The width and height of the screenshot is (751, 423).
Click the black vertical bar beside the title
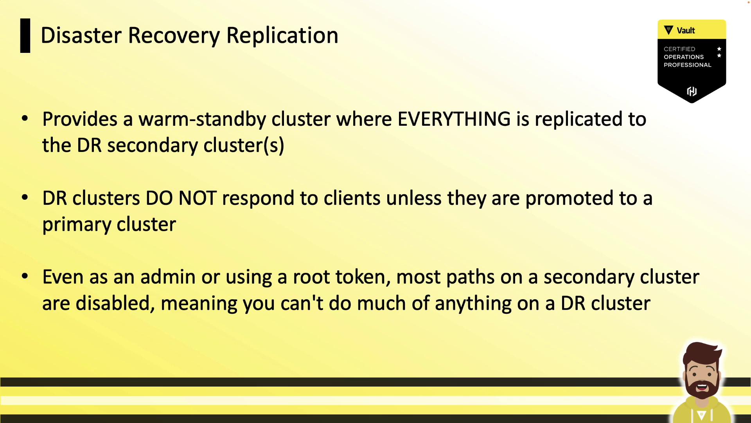[x=25, y=36]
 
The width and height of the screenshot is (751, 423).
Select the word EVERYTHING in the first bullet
[x=454, y=119]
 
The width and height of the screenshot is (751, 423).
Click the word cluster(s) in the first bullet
[x=244, y=146]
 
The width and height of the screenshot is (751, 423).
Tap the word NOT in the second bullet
[x=198, y=198]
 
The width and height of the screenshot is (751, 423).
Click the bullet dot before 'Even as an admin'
[x=25, y=276]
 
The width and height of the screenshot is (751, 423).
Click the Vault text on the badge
[x=686, y=31]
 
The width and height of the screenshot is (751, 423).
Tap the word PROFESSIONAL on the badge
[x=687, y=65]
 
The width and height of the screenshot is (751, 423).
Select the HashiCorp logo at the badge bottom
[x=692, y=91]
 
